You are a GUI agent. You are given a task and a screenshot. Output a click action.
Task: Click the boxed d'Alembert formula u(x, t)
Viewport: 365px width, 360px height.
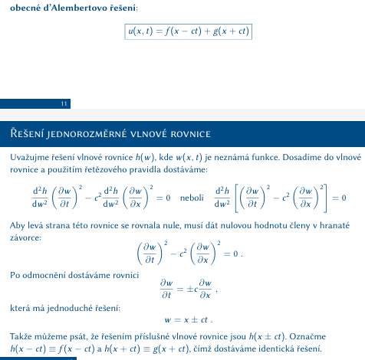(x=188, y=31)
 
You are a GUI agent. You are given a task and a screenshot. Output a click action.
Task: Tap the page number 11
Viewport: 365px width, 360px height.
(x=64, y=103)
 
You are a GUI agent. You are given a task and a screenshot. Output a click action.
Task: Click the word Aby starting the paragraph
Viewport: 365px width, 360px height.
(x=17, y=226)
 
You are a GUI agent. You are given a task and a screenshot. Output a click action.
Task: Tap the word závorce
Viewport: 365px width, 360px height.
(x=26, y=238)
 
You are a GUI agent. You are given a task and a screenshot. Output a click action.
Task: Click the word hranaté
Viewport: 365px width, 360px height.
(x=330, y=226)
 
